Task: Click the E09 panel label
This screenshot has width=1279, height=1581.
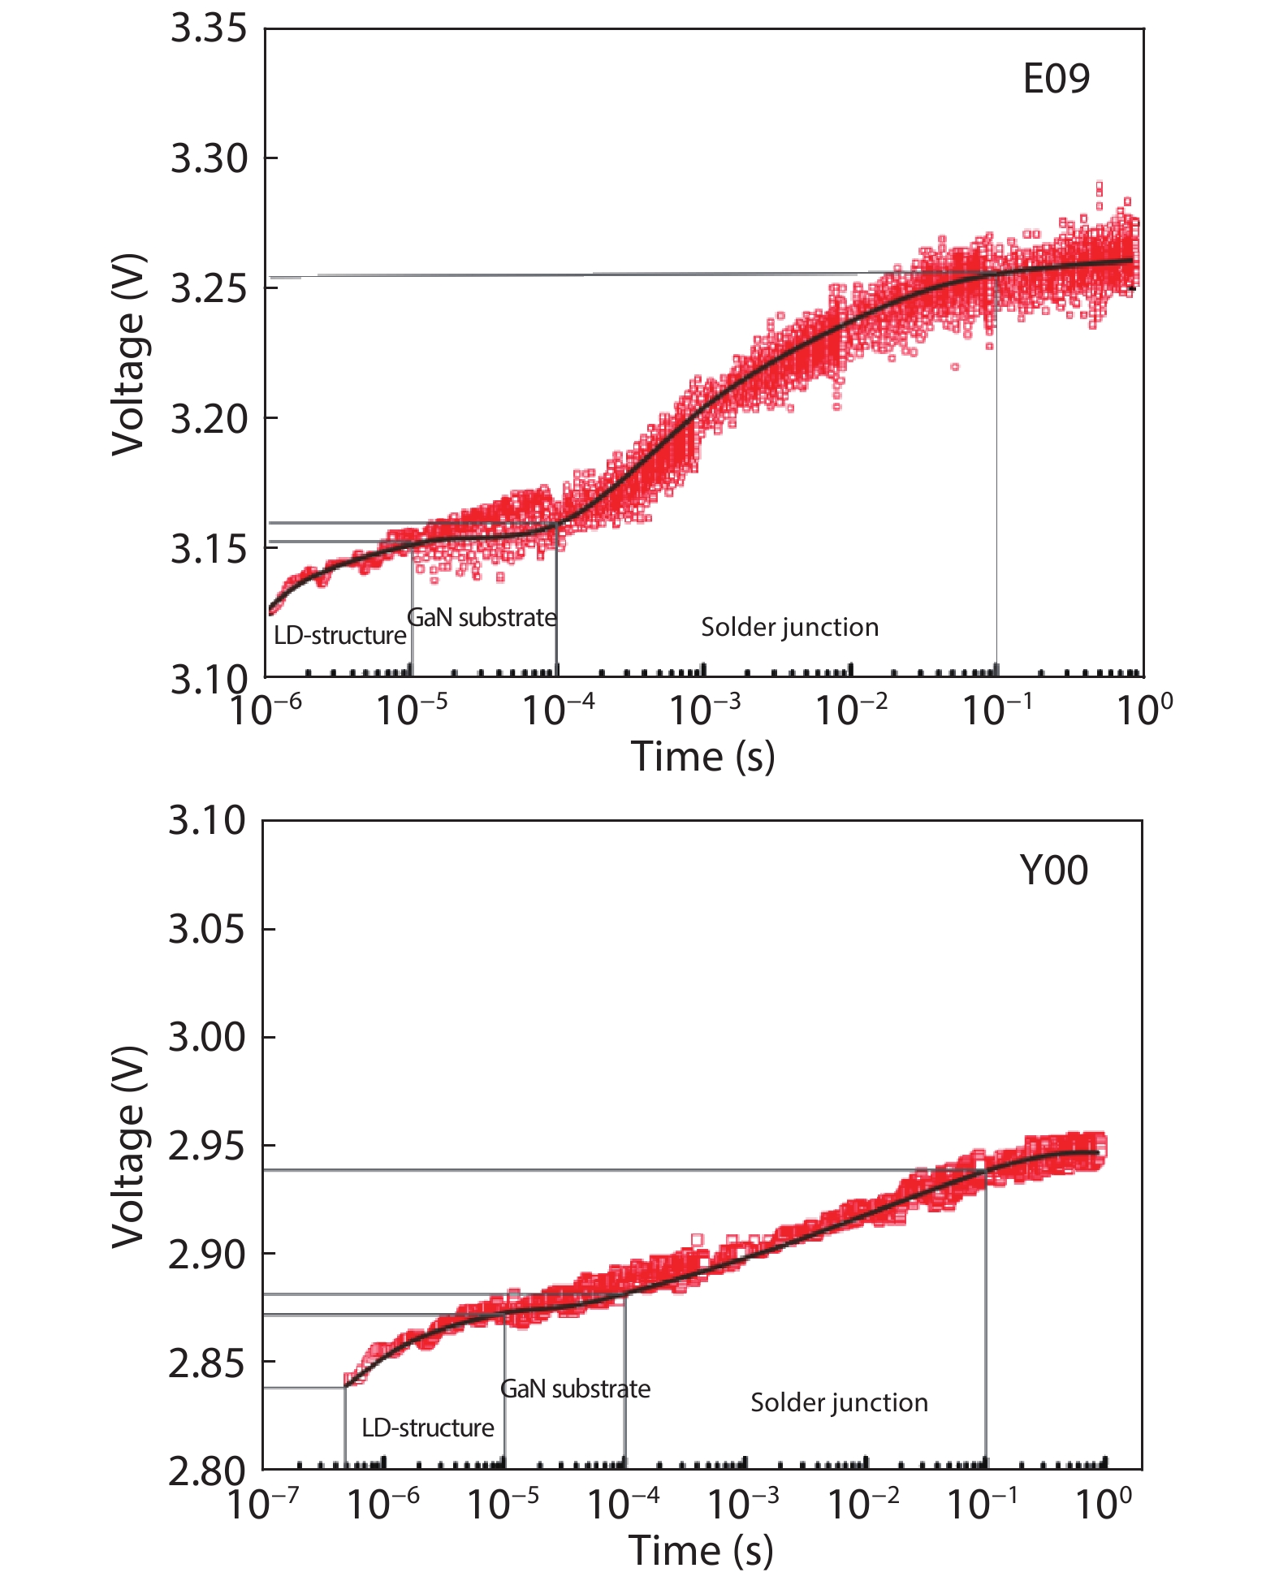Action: click(x=1056, y=79)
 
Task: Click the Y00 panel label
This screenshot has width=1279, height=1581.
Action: click(x=1053, y=870)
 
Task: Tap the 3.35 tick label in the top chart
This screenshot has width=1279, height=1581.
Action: click(x=208, y=29)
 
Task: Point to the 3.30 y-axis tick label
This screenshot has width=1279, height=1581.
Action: click(x=208, y=158)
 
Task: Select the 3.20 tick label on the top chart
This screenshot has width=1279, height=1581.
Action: click(x=208, y=419)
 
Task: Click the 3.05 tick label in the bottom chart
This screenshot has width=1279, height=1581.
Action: click(x=206, y=928)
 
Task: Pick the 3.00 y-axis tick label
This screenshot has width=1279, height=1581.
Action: click(x=206, y=1037)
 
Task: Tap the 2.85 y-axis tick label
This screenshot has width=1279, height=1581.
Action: click(x=206, y=1363)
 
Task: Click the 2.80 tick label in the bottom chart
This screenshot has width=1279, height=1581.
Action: click(x=206, y=1471)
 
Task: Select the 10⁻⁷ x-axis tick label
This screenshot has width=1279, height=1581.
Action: click(x=261, y=1504)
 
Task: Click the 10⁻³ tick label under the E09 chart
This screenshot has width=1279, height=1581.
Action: click(x=704, y=711)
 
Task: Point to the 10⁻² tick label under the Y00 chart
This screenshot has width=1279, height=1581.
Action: click(x=862, y=1504)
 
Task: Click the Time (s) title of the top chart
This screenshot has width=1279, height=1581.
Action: click(x=702, y=757)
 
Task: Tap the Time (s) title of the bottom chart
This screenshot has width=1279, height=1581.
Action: click(x=701, y=1550)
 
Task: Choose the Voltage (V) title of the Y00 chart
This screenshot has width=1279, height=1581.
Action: click(x=128, y=1147)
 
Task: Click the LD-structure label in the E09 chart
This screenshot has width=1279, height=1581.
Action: click(x=339, y=635)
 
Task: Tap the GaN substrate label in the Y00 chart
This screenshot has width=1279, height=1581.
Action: click(x=575, y=1389)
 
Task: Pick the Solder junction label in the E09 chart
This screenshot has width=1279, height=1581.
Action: click(x=789, y=627)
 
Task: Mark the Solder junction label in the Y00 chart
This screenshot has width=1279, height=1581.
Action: click(x=839, y=1402)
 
